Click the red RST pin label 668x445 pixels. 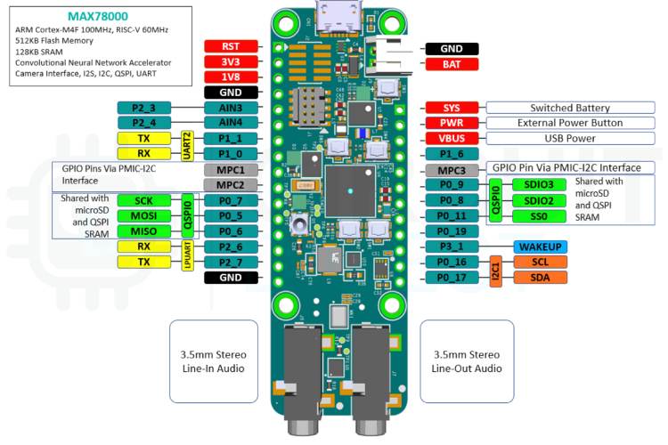pyautogui.click(x=231, y=46)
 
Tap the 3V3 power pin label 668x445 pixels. pyautogui.click(x=231, y=62)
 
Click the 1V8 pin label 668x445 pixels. pyautogui.click(x=231, y=77)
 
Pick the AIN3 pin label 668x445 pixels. pyautogui.click(x=231, y=108)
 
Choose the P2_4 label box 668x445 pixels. pyautogui.click(x=143, y=123)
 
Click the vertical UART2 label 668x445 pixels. pyautogui.click(x=188, y=146)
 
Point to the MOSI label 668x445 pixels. pyautogui.click(x=143, y=215)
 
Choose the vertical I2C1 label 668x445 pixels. pyautogui.click(x=496, y=270)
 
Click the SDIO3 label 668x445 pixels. pyautogui.click(x=539, y=184)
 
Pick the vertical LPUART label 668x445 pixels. pyautogui.click(x=188, y=254)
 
